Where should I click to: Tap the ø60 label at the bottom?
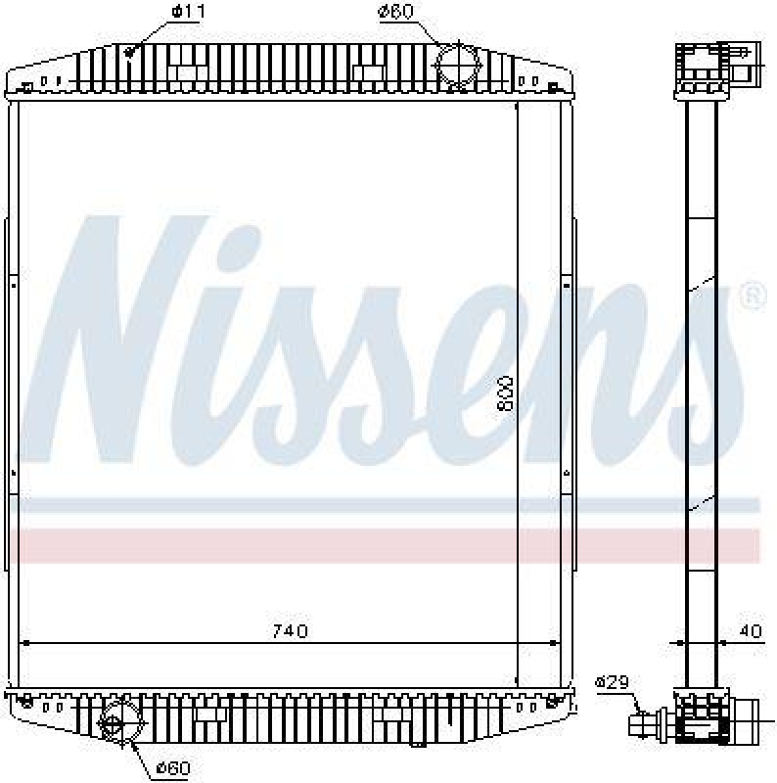pyautogui.click(x=172, y=768)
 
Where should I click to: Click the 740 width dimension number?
pyautogui.click(x=291, y=631)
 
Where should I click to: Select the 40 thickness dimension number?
pyautogui.click(x=749, y=631)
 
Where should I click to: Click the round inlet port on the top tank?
pyautogui.click(x=454, y=66)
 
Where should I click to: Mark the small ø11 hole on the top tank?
pyautogui.click(x=131, y=52)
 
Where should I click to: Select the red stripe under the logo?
pyautogui.click(x=391, y=545)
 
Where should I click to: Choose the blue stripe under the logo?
pyautogui.click(x=391, y=505)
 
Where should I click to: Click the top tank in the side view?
pyautogui.click(x=702, y=69)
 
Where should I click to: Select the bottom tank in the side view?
pyautogui.click(x=700, y=724)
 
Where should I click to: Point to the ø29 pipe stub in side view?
pyautogui.click(x=647, y=725)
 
